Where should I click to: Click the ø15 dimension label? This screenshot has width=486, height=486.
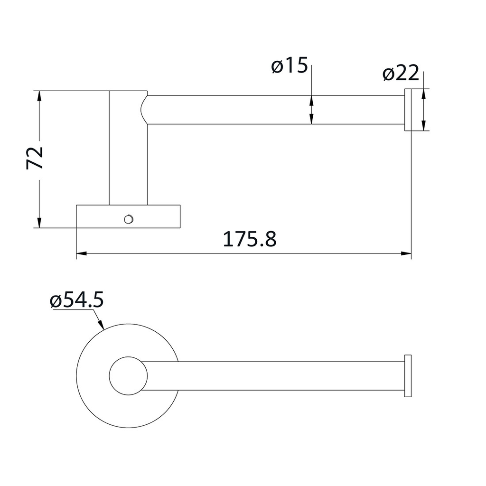click(x=290, y=66)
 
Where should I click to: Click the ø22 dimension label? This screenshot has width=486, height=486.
click(x=401, y=74)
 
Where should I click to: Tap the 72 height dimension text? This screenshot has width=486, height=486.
click(x=36, y=158)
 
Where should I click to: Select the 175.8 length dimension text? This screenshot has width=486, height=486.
click(x=249, y=240)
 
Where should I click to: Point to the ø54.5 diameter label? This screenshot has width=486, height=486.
click(x=76, y=301)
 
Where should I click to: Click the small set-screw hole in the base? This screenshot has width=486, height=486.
click(x=128, y=218)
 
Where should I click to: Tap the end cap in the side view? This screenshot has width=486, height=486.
click(x=408, y=110)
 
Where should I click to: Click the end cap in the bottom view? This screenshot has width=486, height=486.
click(x=407, y=375)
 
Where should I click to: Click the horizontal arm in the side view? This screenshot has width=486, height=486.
click(x=275, y=110)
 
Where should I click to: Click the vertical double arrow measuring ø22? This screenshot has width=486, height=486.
click(x=423, y=110)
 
